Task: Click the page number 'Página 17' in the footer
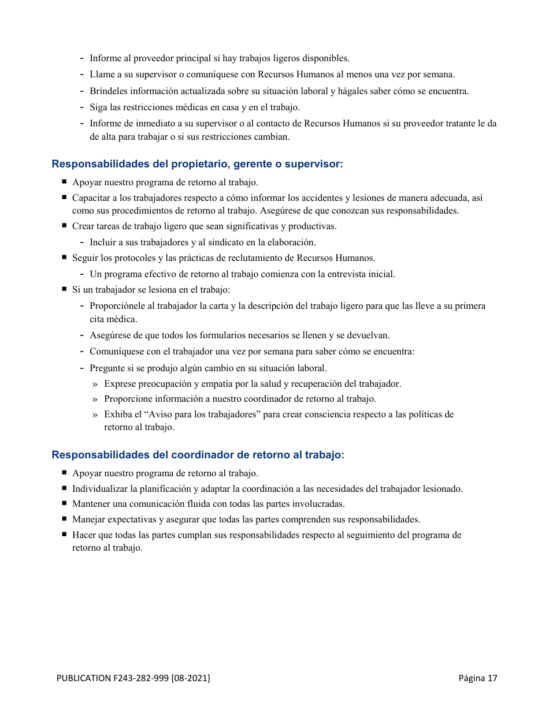coord(477,678)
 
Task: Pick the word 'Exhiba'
coord(117,414)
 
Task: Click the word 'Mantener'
coord(90,504)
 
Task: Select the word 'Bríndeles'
coord(108,91)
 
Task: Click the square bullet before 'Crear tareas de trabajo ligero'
coord(65,226)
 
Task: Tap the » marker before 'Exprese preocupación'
coord(95,384)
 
